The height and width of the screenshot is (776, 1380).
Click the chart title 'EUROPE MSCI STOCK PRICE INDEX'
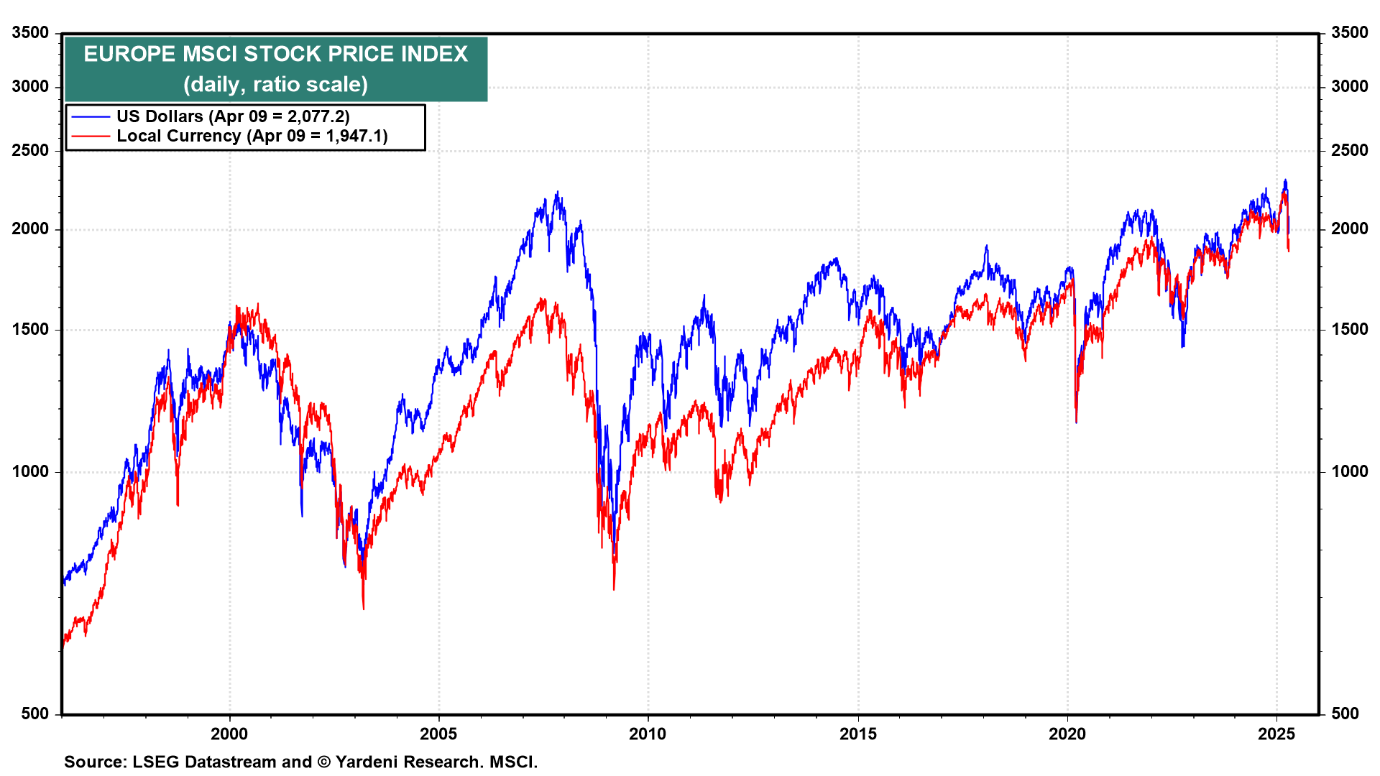[275, 54]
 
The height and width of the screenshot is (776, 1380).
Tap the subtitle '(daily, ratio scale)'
[275, 85]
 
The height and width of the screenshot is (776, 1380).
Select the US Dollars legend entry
[233, 116]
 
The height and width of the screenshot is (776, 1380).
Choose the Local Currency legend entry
[252, 136]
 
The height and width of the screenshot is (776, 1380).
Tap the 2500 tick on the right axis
[1349, 150]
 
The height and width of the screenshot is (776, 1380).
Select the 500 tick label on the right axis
[1345, 713]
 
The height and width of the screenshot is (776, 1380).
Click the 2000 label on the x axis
[229, 734]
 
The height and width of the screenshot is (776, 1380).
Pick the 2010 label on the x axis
[648, 734]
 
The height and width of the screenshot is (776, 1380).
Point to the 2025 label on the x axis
[1276, 734]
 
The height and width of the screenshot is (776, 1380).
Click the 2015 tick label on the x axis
[858, 734]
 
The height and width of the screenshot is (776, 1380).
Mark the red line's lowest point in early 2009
[614, 589]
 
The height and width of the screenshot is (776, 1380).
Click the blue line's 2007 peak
[557, 193]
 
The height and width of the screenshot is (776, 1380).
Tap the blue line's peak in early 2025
[1285, 180]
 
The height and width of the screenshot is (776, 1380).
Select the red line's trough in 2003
[364, 609]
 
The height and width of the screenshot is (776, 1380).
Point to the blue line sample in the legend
[91, 116]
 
